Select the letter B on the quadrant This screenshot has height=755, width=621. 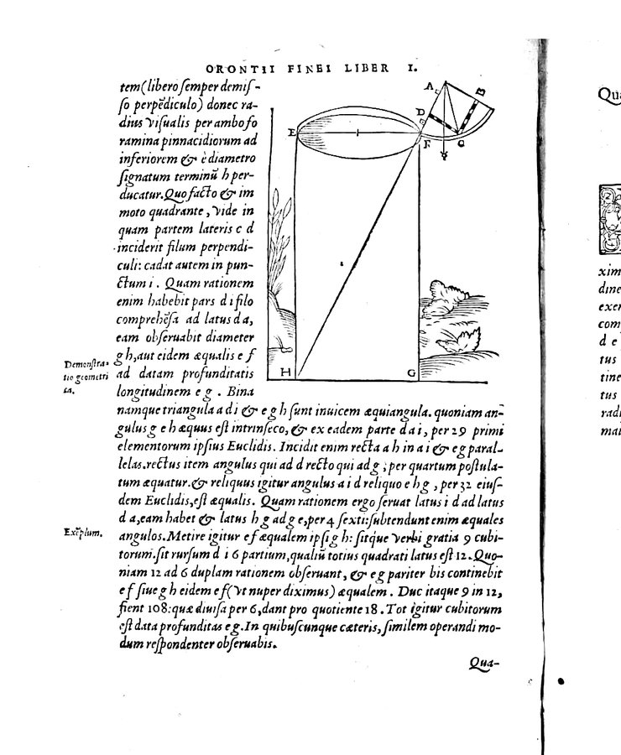click(479, 91)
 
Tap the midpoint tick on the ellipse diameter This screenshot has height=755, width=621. click(357, 133)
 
